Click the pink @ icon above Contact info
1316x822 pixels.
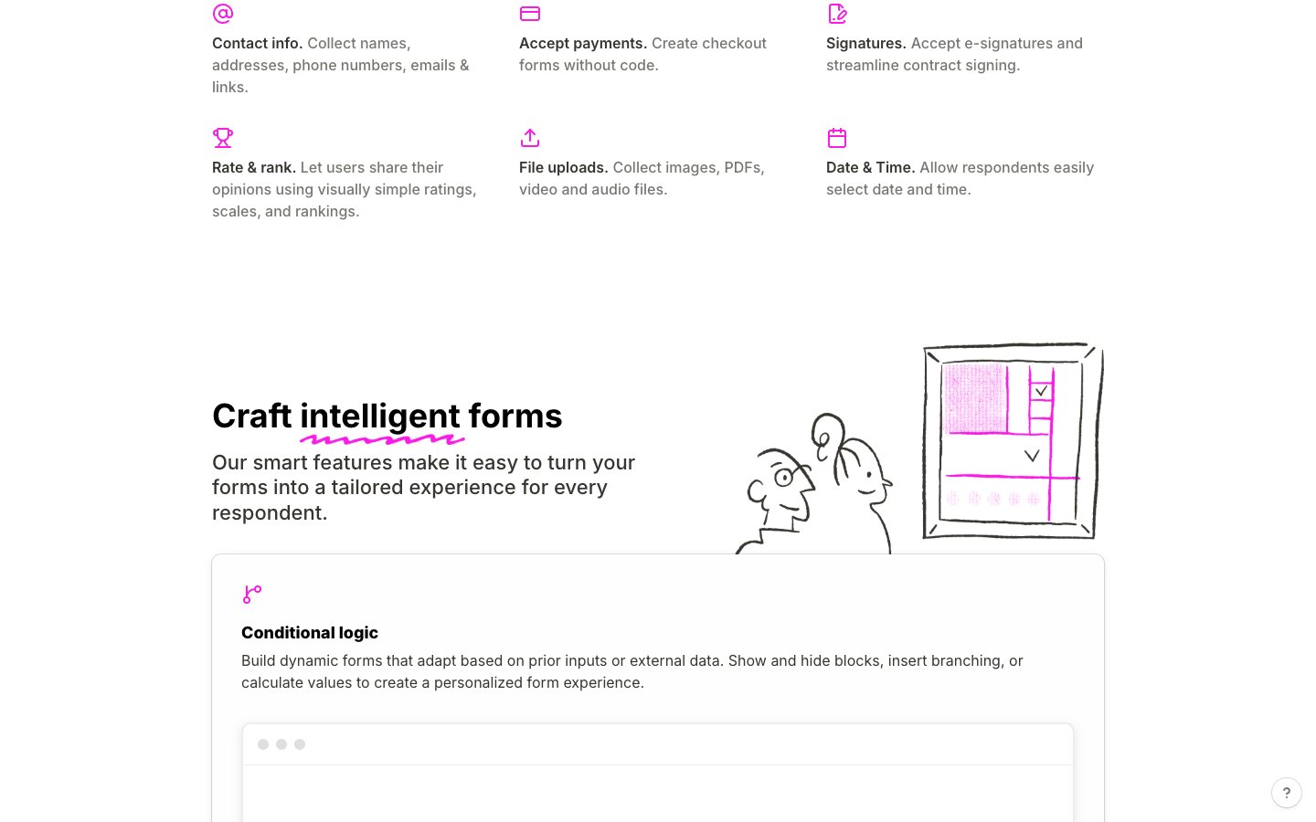click(x=223, y=14)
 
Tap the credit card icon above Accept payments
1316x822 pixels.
click(x=529, y=14)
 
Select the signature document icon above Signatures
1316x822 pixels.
click(x=836, y=14)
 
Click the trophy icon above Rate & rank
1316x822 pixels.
click(x=223, y=138)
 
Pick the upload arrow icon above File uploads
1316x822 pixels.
click(x=529, y=138)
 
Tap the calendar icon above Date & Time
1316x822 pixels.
click(x=836, y=138)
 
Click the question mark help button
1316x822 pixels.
click(x=1286, y=793)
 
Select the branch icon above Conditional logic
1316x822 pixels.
click(x=252, y=595)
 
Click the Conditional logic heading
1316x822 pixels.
click(x=310, y=632)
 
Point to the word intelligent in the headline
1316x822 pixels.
click(x=379, y=416)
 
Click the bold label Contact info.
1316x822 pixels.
click(x=258, y=44)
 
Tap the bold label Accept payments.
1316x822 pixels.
click(x=583, y=44)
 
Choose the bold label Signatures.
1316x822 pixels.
click(x=866, y=44)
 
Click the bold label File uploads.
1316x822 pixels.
click(x=563, y=167)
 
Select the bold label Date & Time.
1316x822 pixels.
click(x=871, y=167)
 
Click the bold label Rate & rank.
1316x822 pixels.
click(x=254, y=167)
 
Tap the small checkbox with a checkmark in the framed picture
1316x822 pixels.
click(x=1040, y=391)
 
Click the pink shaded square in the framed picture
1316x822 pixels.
click(x=974, y=398)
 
